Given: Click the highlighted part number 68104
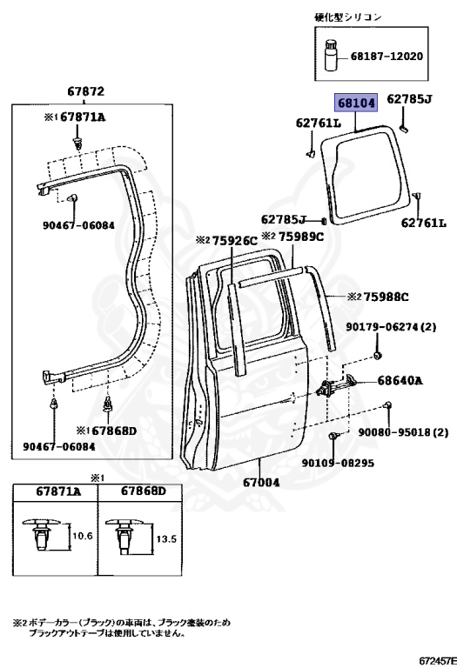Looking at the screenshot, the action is [356, 104].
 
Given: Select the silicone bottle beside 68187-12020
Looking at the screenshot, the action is [331, 55].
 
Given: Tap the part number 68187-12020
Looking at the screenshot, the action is [386, 56].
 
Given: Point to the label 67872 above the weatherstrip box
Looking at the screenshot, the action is [85, 91].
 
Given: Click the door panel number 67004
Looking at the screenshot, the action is [261, 482].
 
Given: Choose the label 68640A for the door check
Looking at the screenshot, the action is [400, 380].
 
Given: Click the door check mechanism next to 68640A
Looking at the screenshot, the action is [338, 385].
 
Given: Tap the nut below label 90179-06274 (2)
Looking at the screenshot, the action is [377, 355].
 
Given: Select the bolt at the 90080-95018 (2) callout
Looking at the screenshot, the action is [388, 404].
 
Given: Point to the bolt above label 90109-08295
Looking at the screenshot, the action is [333, 437].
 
